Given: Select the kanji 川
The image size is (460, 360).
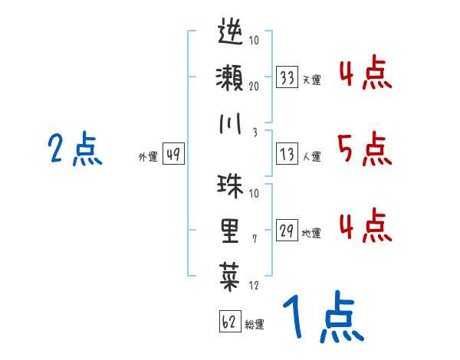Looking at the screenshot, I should pos(230,124).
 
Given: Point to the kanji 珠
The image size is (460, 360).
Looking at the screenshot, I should pos(230,186).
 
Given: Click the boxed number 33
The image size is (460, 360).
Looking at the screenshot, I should pos(287,78).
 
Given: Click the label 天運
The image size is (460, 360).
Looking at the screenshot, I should pos(311,80).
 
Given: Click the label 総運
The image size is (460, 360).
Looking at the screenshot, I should pos(255,324).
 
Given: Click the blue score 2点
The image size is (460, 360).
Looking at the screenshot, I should pos(74,149).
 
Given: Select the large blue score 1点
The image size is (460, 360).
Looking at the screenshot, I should pos(322,319).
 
